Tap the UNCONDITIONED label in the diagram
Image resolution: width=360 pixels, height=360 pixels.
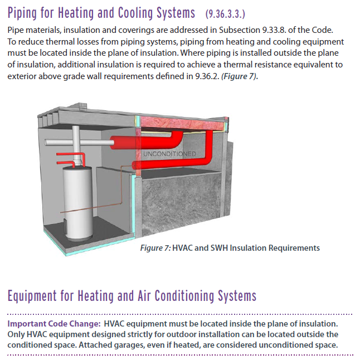pos(169,153)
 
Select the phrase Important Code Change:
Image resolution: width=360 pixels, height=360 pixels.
pos(53,324)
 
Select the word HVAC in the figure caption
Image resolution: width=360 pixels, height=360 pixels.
pos(186,248)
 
